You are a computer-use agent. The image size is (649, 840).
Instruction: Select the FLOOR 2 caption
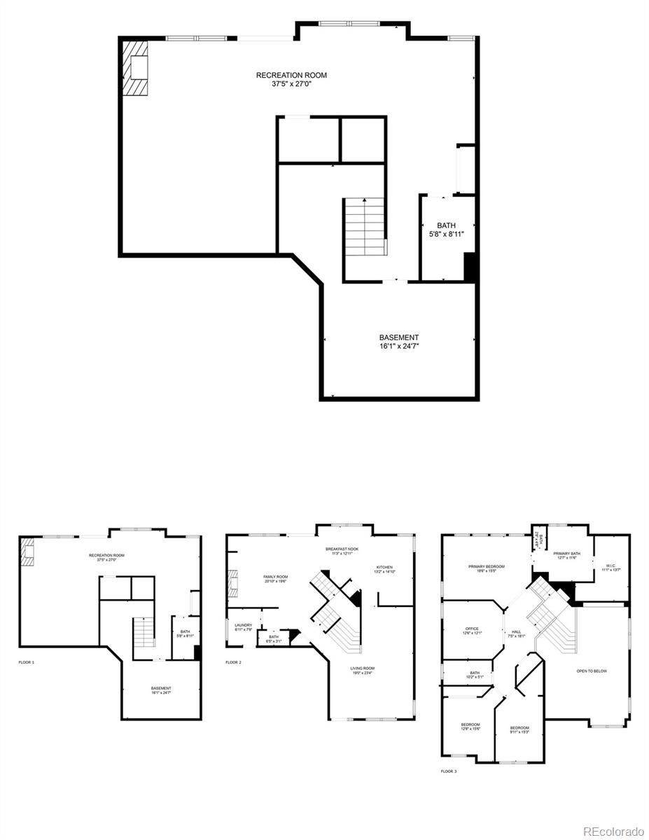233,661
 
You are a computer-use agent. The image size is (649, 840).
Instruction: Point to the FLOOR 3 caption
449,771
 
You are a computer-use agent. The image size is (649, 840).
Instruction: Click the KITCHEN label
385,567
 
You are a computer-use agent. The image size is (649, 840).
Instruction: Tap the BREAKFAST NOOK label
342,549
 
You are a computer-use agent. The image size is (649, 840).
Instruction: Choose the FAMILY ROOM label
275,577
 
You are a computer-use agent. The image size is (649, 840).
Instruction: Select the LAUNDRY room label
244,624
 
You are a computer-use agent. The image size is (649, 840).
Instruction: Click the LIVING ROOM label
363,668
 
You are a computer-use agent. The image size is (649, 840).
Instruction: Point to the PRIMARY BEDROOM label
487,566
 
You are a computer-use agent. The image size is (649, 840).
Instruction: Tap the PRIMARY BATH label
566,554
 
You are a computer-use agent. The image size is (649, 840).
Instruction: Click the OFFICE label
472,629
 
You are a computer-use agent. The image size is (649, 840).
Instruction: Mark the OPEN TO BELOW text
592,671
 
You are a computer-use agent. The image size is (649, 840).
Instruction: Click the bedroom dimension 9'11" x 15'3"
519,732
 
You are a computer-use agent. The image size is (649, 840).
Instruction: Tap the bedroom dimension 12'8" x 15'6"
470,729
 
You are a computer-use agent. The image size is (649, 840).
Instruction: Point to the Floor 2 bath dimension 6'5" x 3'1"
274,640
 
